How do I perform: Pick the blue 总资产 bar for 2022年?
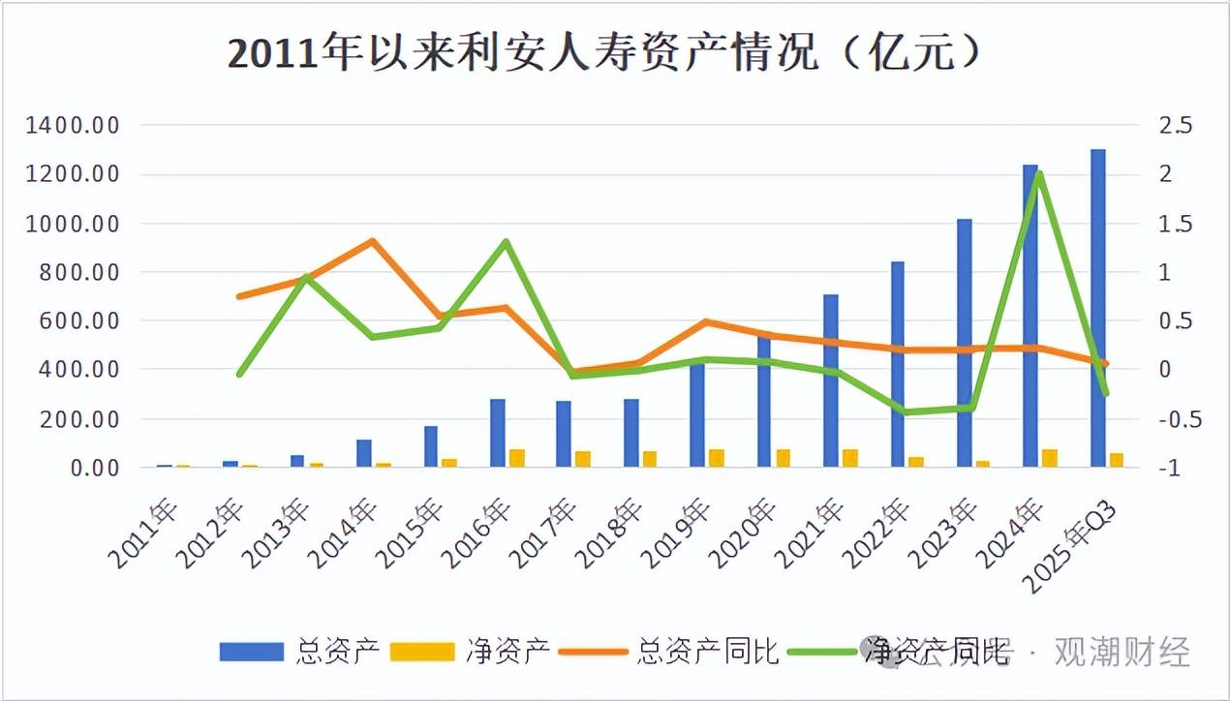click(x=897, y=364)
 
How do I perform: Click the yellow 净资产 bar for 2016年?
click(x=517, y=458)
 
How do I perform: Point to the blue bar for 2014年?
click(x=364, y=453)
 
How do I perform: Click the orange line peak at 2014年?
click(x=373, y=241)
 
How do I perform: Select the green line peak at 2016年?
click(x=506, y=242)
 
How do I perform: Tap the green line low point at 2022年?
click(x=905, y=411)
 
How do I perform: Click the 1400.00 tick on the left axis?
click(x=74, y=125)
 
